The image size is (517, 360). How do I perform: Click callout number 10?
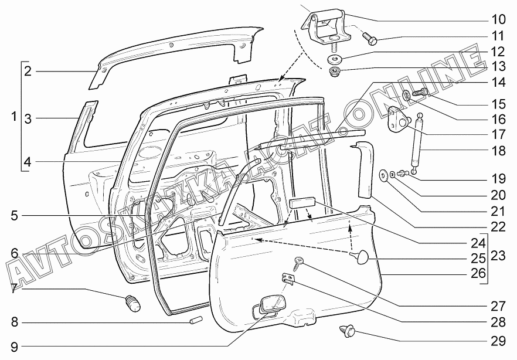[x=498, y=19]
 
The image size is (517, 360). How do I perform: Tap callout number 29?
[x=498, y=341]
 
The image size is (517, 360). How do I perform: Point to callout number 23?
[x=498, y=256]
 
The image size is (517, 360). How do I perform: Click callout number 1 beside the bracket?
[x=13, y=116]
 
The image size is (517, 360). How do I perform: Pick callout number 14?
[x=498, y=83]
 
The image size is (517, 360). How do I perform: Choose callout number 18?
[x=498, y=151]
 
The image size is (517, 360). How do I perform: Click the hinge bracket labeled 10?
[x=325, y=26]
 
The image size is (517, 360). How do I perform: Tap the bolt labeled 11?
[x=370, y=39]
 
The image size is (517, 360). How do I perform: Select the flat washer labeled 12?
[x=334, y=59]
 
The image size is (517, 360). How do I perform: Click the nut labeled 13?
[x=334, y=70]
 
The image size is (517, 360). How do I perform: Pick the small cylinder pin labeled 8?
[x=196, y=320]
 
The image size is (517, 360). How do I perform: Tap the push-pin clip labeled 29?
[x=347, y=330]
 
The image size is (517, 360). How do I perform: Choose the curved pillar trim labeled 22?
[x=365, y=169]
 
